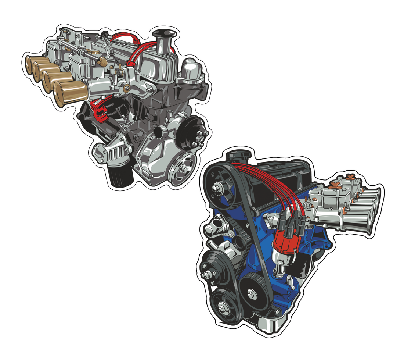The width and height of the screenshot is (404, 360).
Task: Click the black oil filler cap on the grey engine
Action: pyautogui.click(x=164, y=34)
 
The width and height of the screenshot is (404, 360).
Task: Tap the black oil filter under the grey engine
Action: pyautogui.click(x=120, y=177)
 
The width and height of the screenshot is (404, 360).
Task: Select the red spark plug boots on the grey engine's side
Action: pyautogui.click(x=100, y=110)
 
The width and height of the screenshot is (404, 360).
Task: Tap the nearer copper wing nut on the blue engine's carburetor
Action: pyautogui.click(x=333, y=184)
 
